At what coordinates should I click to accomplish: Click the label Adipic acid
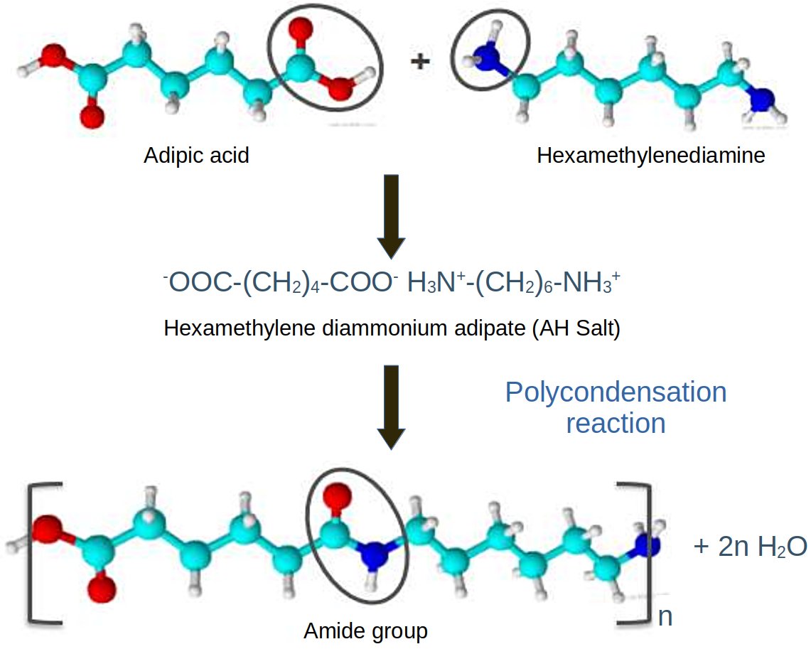(x=196, y=156)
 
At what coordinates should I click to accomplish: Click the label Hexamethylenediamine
(x=650, y=156)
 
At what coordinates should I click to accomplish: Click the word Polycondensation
(x=616, y=393)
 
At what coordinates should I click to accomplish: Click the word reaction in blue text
(x=616, y=424)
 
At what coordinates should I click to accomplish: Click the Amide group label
(x=365, y=631)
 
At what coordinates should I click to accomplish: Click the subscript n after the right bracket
(x=665, y=615)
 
